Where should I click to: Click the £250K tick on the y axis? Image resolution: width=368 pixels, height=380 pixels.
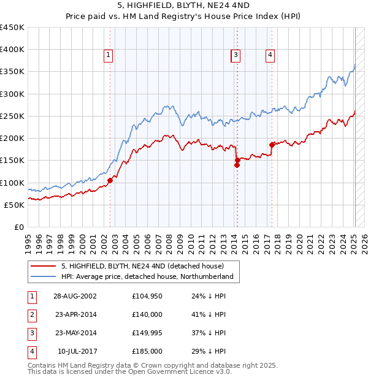point(12,116)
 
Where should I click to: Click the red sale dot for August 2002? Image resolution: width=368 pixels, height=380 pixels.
point(110,180)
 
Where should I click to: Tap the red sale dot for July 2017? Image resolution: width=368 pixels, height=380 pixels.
point(271,145)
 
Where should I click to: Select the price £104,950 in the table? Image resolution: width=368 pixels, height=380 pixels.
point(147,296)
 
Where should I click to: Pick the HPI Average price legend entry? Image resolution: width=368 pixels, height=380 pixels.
point(147,277)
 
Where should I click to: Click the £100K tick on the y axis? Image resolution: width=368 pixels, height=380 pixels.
point(12,183)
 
